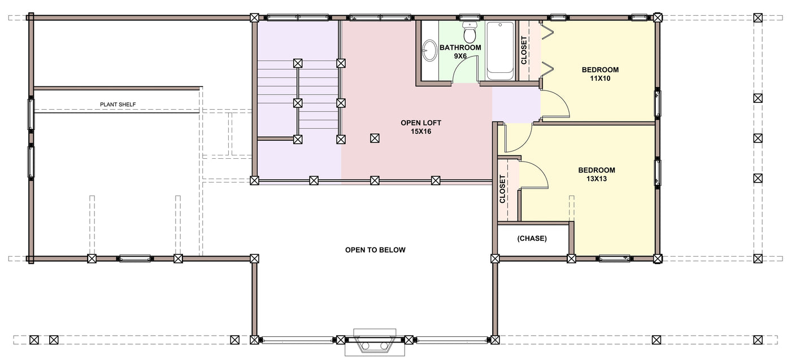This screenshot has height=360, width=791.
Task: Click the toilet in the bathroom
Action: coord(470,32)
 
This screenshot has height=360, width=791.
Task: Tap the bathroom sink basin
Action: coord(430,50)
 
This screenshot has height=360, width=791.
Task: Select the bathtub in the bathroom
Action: coord(500,51)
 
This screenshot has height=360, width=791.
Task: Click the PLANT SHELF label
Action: coord(118,105)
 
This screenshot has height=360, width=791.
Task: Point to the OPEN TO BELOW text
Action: coord(375,250)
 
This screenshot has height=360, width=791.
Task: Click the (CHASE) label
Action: coord(532,238)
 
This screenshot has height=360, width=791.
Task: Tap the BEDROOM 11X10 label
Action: coord(600,74)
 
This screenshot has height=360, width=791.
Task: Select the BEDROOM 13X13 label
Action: coord(597,175)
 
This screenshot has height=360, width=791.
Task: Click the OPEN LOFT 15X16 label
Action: coord(421,127)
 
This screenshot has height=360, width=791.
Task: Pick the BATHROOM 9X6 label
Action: coord(460,51)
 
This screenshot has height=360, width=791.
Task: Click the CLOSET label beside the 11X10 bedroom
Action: coord(524,50)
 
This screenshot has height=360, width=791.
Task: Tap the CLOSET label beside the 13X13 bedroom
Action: coord(502,189)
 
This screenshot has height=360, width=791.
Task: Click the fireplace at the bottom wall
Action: coord(375,342)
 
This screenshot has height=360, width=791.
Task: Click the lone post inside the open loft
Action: coord(375,138)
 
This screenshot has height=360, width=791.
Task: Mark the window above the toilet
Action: coord(470,17)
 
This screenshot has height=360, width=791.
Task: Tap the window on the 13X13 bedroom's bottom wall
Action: coord(614,259)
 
